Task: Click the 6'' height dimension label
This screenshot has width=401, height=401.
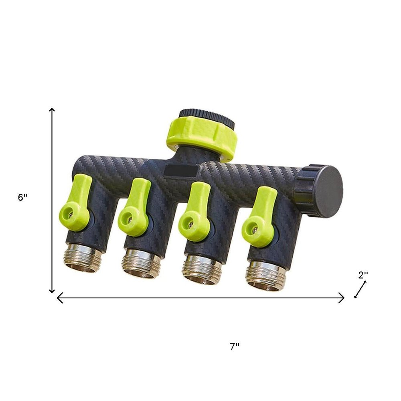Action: pos(22,198)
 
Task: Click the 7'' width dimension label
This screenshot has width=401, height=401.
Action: pos(235,347)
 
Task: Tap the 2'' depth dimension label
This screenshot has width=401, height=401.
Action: pos(363,275)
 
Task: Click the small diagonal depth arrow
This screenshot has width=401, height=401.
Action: pos(360,290)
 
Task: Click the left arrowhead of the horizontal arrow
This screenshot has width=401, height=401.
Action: pos(59,298)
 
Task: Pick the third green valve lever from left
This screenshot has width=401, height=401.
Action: pos(194,213)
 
